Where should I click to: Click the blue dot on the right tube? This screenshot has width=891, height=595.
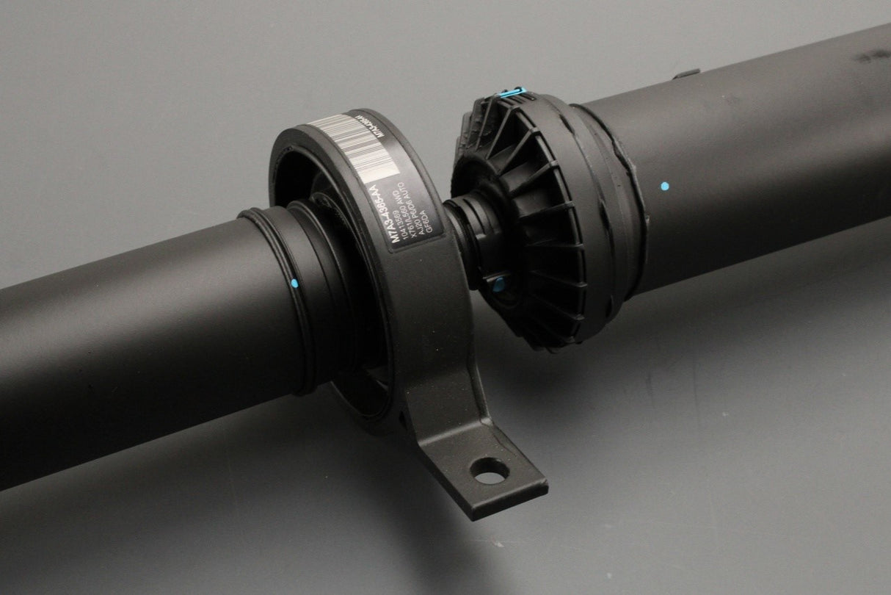coord(663,187)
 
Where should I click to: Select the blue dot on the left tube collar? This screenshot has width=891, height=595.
coord(294,282)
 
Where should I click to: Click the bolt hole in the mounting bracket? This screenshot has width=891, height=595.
coord(486,472)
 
